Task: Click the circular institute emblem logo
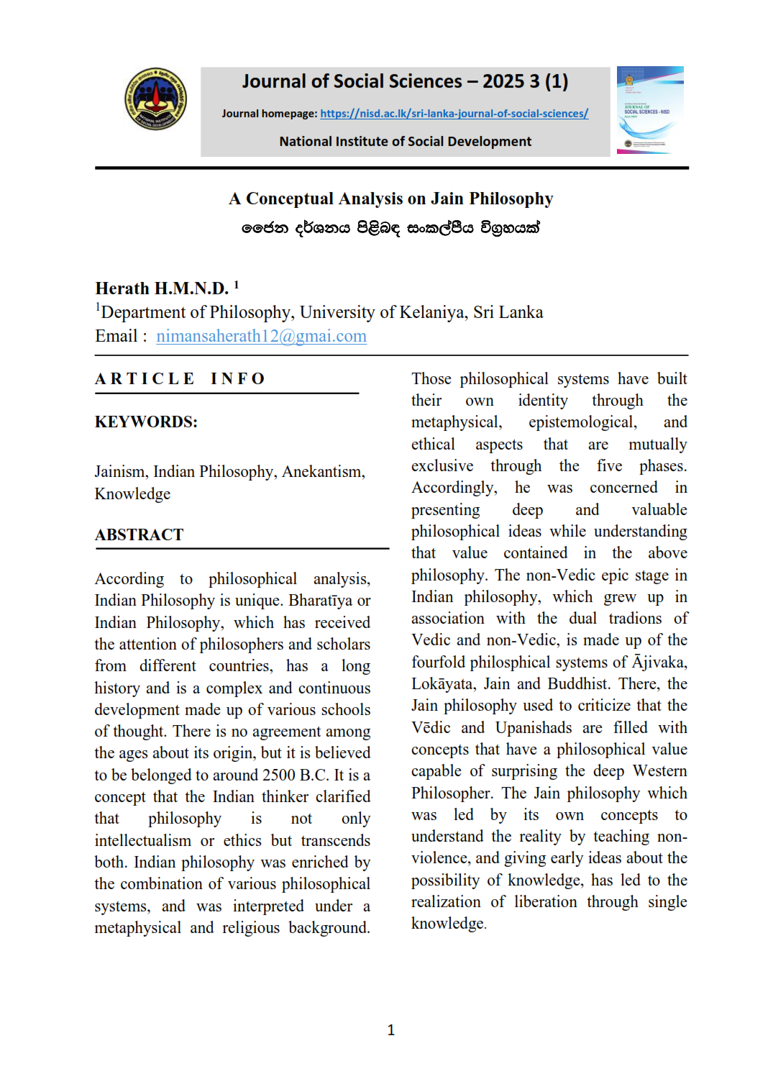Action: pos(155,99)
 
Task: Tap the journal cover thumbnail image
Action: pos(650,110)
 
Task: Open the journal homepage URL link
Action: pos(454,114)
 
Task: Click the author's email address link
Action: pos(261,336)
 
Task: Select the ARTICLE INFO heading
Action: pos(180,378)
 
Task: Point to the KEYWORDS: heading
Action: pos(146,422)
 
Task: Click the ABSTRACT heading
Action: pos(139,534)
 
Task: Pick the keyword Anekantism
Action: pos(323,472)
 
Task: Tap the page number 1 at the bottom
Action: pos(390,1030)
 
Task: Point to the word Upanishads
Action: pos(534,727)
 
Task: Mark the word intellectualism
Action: pos(142,840)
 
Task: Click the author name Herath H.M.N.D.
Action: pos(162,288)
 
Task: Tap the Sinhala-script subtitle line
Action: pos(390,228)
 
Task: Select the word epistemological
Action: pos(582,422)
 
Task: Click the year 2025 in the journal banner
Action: pos(503,81)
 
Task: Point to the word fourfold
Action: pos(440,662)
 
